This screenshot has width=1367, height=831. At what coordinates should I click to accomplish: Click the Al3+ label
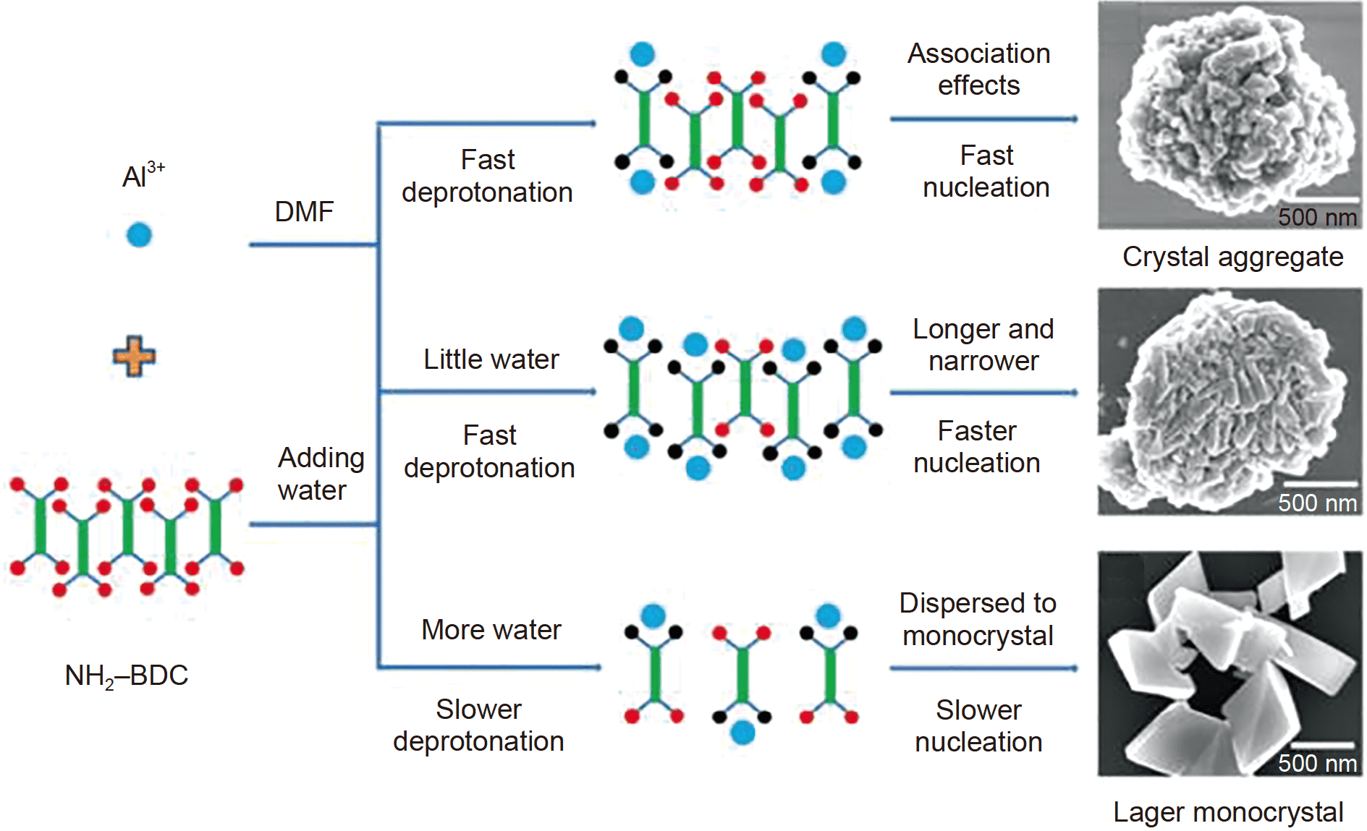click(x=142, y=175)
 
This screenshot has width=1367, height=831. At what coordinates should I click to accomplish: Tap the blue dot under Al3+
click(x=139, y=235)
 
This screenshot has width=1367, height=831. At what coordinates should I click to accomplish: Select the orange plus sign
click(x=134, y=356)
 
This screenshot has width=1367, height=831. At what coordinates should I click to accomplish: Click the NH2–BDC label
click(x=126, y=676)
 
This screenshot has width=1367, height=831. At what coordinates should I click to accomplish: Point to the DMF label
click(x=304, y=212)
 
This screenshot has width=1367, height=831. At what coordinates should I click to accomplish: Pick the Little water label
click(x=491, y=359)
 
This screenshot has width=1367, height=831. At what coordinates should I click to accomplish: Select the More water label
click(x=491, y=630)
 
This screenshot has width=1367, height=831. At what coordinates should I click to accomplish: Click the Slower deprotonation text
click(x=478, y=725)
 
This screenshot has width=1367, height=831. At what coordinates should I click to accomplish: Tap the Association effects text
click(x=978, y=69)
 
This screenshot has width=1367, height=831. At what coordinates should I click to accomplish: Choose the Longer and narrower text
click(x=983, y=345)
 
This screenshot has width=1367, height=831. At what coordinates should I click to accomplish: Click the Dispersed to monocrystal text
click(x=978, y=620)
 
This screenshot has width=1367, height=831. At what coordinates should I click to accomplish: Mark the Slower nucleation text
click(x=978, y=726)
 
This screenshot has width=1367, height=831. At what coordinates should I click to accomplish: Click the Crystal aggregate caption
click(x=1232, y=257)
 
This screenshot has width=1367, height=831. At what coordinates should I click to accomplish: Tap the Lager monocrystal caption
click(x=1228, y=812)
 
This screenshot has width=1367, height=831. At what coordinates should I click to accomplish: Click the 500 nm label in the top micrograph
click(x=1316, y=217)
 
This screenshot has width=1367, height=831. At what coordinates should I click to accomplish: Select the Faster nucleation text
click(x=977, y=447)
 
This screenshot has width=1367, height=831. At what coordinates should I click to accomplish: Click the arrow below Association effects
click(x=983, y=119)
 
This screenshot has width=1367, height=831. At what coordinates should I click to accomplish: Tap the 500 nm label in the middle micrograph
click(x=1316, y=503)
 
